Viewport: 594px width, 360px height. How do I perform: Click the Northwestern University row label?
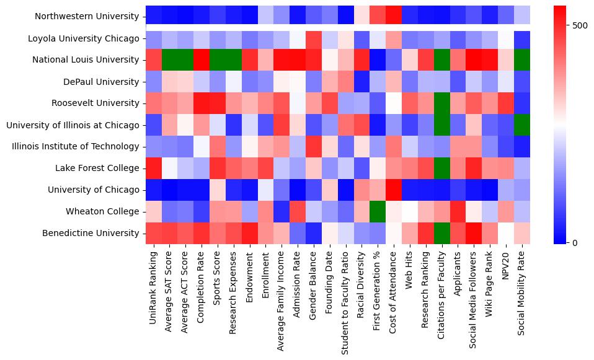pos(87,17)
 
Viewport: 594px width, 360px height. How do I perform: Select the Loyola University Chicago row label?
pos(83,38)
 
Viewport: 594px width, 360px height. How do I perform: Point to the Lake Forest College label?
pos(97,168)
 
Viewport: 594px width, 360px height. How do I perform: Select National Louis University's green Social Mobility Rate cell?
pos(523,60)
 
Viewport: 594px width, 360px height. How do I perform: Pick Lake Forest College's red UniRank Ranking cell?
pos(153,168)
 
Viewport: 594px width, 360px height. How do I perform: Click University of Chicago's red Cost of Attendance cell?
pos(394,190)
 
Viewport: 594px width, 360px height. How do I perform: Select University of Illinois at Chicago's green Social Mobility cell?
pos(523,125)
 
